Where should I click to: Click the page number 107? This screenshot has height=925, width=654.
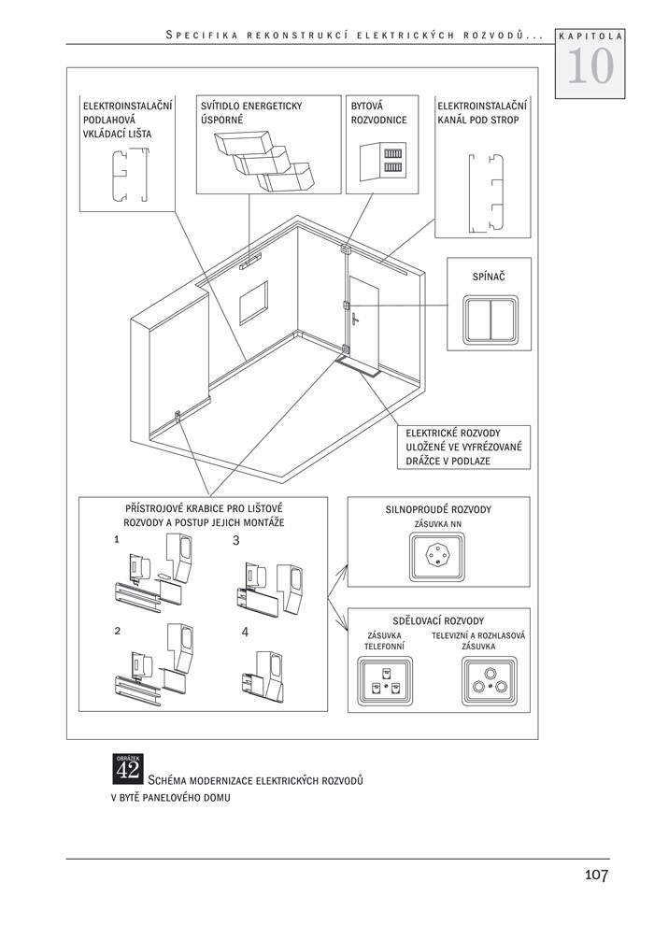pyautogui.click(x=596, y=875)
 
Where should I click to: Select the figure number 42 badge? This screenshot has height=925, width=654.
pyautogui.click(x=127, y=768)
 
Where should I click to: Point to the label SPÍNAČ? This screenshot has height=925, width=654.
pyautogui.click(x=490, y=277)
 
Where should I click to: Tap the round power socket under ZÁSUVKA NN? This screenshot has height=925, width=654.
pyautogui.click(x=438, y=560)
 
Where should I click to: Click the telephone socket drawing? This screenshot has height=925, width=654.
pyautogui.click(x=384, y=682)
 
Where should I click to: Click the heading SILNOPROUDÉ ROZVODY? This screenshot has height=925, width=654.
pyautogui.click(x=438, y=510)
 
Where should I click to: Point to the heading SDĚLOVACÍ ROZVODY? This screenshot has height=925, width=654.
pyautogui.click(x=438, y=620)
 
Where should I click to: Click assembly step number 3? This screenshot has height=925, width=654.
pyautogui.click(x=236, y=540)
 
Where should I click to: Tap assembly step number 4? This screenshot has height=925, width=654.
pyautogui.click(x=245, y=632)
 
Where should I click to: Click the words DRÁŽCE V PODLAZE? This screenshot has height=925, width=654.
pyautogui.click(x=448, y=462)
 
